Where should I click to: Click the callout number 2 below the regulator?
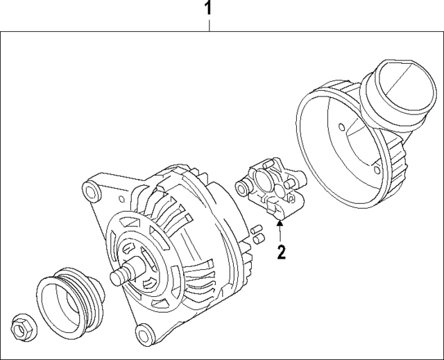point(281,251)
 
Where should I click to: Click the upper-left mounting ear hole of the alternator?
point(89,191)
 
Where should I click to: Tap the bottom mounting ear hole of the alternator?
point(142,332)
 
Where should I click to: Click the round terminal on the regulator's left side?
point(242,186)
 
